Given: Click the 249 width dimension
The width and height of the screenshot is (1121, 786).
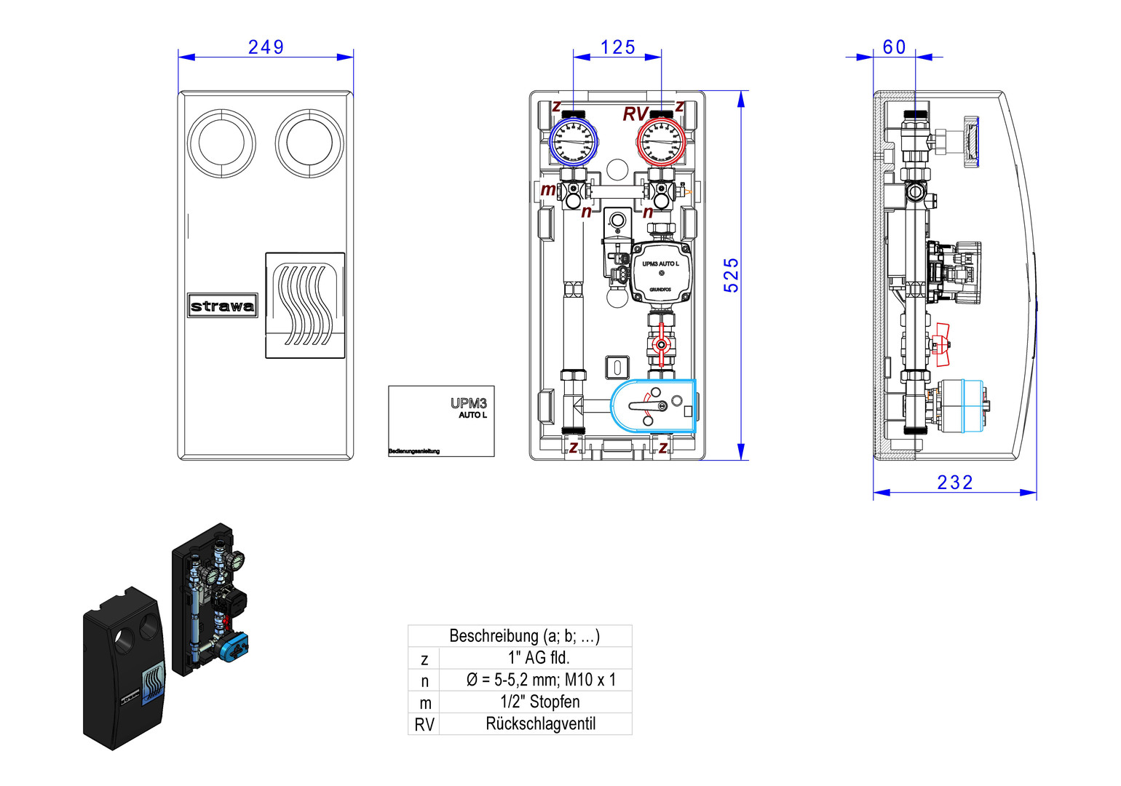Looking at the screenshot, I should click(x=266, y=47).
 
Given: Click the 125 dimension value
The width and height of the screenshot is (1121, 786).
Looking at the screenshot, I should click(x=617, y=47).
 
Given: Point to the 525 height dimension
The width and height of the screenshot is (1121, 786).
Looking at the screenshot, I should click(x=731, y=275).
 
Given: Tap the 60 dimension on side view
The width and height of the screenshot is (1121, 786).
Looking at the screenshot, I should click(x=894, y=47).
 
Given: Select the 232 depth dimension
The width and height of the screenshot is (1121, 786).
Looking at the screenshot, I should click(x=954, y=483).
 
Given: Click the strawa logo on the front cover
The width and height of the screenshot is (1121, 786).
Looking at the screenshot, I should click(x=222, y=306).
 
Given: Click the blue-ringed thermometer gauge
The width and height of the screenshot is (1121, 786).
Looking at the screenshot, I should click(x=573, y=141).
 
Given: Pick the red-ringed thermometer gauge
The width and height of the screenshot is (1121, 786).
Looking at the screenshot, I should click(x=661, y=141).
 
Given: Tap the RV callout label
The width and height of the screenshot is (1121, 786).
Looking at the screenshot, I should click(x=635, y=114).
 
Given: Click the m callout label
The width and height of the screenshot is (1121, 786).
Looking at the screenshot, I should click(x=547, y=190).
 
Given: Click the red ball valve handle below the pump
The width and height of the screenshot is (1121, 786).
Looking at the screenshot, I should click(x=661, y=346).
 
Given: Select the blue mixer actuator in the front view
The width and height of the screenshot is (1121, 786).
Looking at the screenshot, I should click(x=653, y=406).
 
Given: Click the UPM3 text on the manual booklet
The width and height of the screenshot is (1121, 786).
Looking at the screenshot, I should click(x=468, y=403).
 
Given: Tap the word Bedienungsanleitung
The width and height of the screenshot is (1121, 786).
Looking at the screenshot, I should click(x=413, y=451).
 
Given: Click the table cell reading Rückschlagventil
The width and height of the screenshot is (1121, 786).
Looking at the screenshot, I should click(x=540, y=724).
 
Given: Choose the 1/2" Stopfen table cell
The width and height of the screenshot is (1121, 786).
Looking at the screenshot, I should click(x=540, y=702).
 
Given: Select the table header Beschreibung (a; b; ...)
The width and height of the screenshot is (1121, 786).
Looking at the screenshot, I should click(x=524, y=636).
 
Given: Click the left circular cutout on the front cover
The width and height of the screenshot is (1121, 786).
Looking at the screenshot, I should click(x=221, y=143).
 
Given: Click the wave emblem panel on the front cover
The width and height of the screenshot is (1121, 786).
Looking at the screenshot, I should click(x=305, y=306).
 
